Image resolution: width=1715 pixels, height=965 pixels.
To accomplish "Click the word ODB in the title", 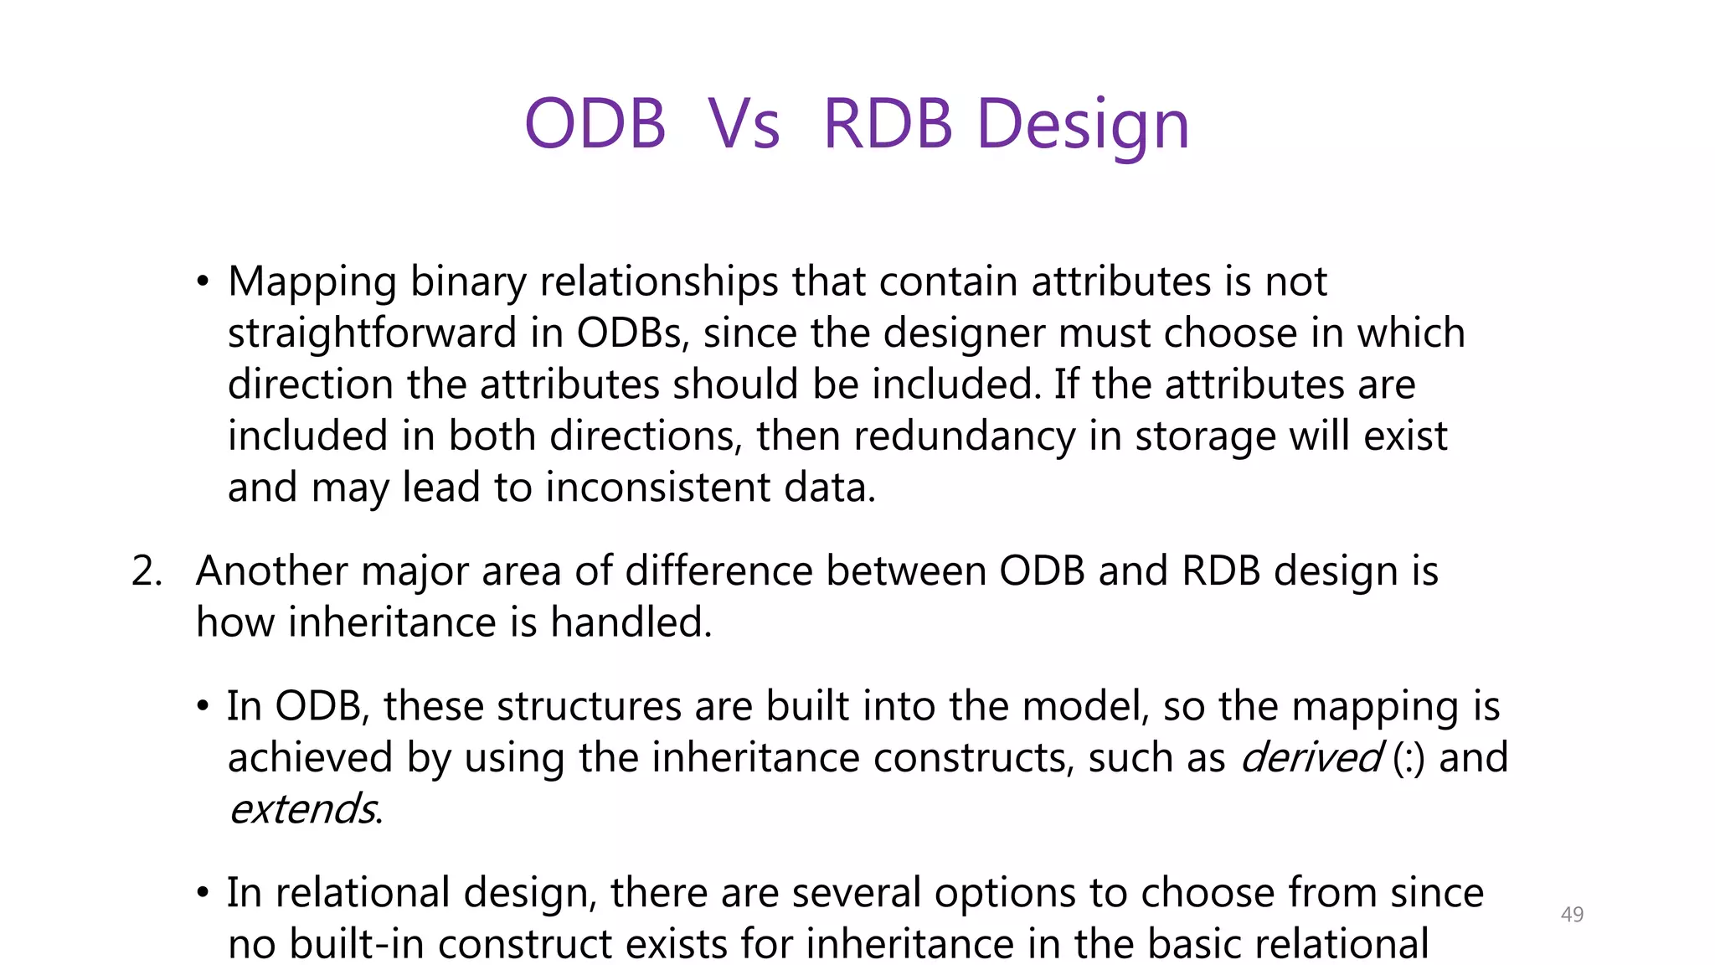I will [x=595, y=124].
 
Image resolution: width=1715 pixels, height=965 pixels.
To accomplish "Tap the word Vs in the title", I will [x=744, y=124].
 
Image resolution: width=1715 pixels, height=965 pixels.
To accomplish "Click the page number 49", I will [x=1572, y=915].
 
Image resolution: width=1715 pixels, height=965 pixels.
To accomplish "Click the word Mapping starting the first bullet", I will [x=312, y=282].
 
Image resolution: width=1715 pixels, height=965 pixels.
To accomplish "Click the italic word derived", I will [x=1311, y=758].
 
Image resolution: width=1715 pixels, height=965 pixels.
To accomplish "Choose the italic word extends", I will [x=302, y=810].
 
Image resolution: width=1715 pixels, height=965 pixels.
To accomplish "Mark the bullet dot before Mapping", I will [x=203, y=283].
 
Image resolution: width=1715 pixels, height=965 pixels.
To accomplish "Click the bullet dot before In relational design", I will [x=203, y=894].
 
